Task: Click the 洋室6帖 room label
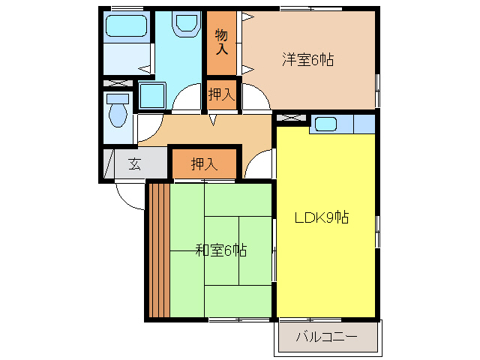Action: [307, 59]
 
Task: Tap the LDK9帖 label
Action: [320, 218]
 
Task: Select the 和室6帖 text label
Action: [222, 250]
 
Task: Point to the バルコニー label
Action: [326, 337]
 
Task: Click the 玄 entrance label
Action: [134, 164]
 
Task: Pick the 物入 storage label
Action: [221, 42]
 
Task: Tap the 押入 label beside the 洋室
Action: [221, 94]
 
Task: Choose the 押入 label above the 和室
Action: [204, 164]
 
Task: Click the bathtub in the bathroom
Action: [124, 27]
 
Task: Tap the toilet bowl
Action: [117, 115]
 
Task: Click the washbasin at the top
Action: [183, 25]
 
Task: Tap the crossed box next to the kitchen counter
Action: [291, 118]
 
